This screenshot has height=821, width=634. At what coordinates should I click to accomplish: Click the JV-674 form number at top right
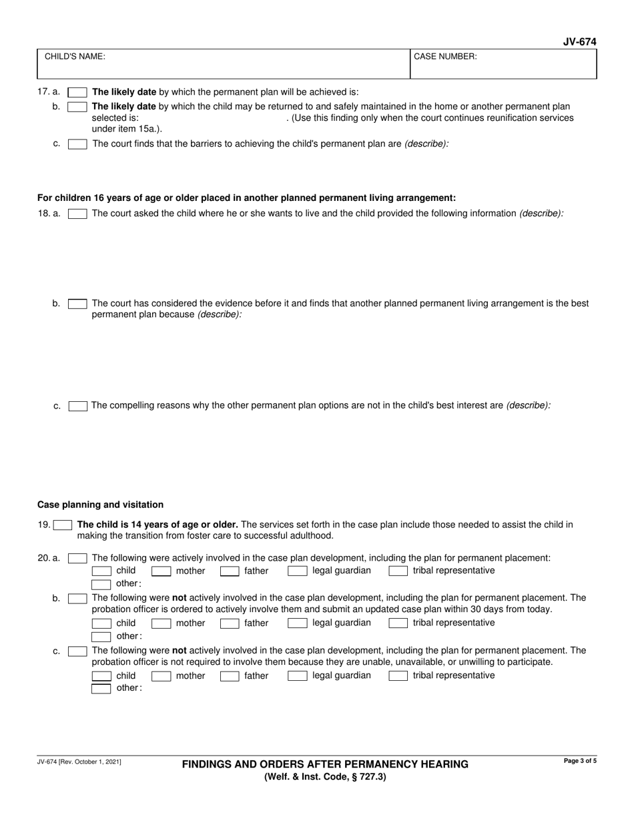coord(579,42)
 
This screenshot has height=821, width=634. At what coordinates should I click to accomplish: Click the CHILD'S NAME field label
coord(75,57)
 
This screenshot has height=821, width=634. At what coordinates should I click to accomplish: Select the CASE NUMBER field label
coord(445,57)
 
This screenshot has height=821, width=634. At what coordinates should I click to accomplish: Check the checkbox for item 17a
coord(77,92)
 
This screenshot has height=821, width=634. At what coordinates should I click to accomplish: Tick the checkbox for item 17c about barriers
coord(77,144)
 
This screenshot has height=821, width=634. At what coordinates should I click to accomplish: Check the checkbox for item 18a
coord(77,214)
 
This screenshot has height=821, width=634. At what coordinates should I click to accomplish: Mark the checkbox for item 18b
coord(77,304)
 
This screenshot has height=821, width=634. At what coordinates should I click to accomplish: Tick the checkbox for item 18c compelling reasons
coord(77,406)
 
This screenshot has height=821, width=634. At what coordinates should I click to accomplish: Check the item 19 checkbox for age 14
coord(63,525)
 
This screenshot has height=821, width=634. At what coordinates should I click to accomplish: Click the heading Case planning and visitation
coord(100,505)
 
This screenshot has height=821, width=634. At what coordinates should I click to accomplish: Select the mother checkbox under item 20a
coord(161,571)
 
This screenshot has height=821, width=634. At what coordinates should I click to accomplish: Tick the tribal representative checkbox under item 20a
coord(398,571)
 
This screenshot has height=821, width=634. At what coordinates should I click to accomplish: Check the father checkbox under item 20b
coord(230,623)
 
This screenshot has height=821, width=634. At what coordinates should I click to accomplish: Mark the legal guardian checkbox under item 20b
coord(297,623)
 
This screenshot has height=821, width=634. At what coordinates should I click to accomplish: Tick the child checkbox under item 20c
coord(101,676)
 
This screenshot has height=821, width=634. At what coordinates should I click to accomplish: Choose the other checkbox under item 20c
coord(101,689)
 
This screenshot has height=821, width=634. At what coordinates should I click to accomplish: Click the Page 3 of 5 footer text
coord(580,761)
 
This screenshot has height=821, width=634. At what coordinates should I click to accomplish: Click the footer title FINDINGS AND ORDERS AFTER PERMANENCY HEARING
coord(325,765)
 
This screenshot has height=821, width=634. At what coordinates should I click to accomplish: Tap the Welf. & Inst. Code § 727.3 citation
coord(325,777)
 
